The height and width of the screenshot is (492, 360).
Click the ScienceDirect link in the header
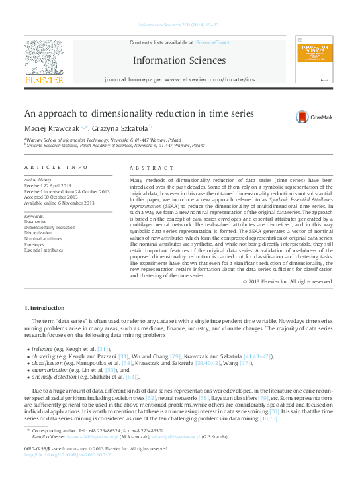pyautogui.click(x=212, y=42)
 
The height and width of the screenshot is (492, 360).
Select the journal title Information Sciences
pyautogui.click(x=179, y=61)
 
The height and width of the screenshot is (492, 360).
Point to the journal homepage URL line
pyautogui.click(x=179, y=79)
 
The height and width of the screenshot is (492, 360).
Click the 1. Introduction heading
pyautogui.click(x=45, y=308)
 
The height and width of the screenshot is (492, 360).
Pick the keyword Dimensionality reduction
pyautogui.click(x=50, y=227)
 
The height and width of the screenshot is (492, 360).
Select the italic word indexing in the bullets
pyautogui.click(x=42, y=348)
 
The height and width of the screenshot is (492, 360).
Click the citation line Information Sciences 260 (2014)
pyautogui.click(x=179, y=25)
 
